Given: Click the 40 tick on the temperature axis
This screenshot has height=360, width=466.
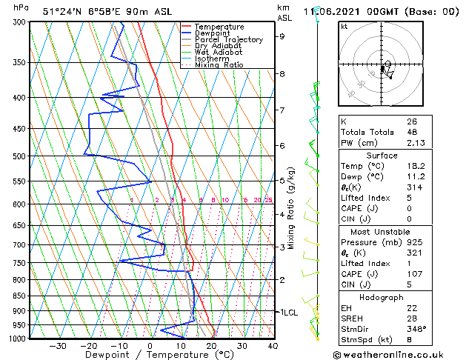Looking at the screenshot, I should (x=273, y=346).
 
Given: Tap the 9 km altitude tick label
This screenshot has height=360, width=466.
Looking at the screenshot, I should (x=282, y=36).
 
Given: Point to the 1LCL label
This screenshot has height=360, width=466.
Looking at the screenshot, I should (x=288, y=313).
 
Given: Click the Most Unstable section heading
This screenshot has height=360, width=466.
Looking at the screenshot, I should (x=381, y=232).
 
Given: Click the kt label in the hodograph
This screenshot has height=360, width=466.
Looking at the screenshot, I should (x=344, y=27).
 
